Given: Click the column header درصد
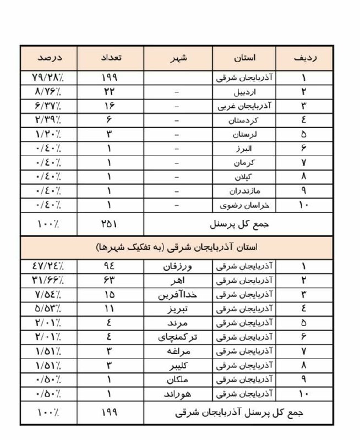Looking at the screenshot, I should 49,58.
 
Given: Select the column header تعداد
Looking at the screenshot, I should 110,58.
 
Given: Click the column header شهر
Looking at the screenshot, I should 178,58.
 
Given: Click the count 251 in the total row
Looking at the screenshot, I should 110,224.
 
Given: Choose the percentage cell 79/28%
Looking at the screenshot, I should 49,77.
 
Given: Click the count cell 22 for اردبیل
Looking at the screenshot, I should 110,91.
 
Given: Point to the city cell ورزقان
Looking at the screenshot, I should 178,266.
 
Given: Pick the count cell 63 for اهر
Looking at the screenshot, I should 110,280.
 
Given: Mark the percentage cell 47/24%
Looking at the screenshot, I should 49,266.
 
